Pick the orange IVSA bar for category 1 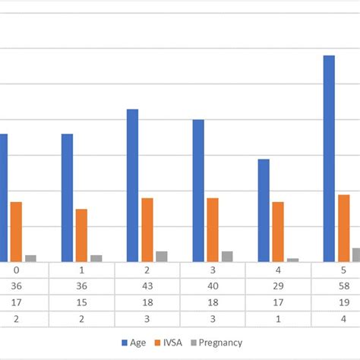click(81, 235)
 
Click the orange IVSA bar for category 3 click(213, 229)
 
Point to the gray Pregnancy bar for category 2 click(161, 256)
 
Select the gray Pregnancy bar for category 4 click(293, 260)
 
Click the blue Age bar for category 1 click(67, 197)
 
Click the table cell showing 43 click(147, 286)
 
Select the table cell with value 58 click(343, 286)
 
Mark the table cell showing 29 click(278, 286)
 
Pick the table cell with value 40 click(212, 286)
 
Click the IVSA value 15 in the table click(81, 302)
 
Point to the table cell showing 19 click(343, 302)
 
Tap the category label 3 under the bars click(212, 270)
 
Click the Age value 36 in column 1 click(81, 286)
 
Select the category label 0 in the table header click(16, 270)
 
